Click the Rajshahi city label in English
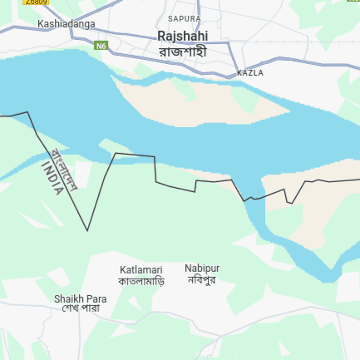click(x=182, y=36)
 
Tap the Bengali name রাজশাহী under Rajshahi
click(x=182, y=51)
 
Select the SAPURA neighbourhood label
click(x=184, y=17)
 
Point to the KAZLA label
click(x=250, y=73)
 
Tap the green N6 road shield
click(x=101, y=45)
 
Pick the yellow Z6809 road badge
click(x=36, y=2)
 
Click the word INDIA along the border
click(x=52, y=178)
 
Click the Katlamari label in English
click(x=141, y=269)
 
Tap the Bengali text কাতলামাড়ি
click(x=141, y=281)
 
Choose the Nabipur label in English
click(x=202, y=268)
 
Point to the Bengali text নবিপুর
click(x=202, y=280)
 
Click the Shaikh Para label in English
click(x=81, y=298)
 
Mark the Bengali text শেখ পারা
click(x=81, y=308)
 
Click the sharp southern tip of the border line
click(x=87, y=230)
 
